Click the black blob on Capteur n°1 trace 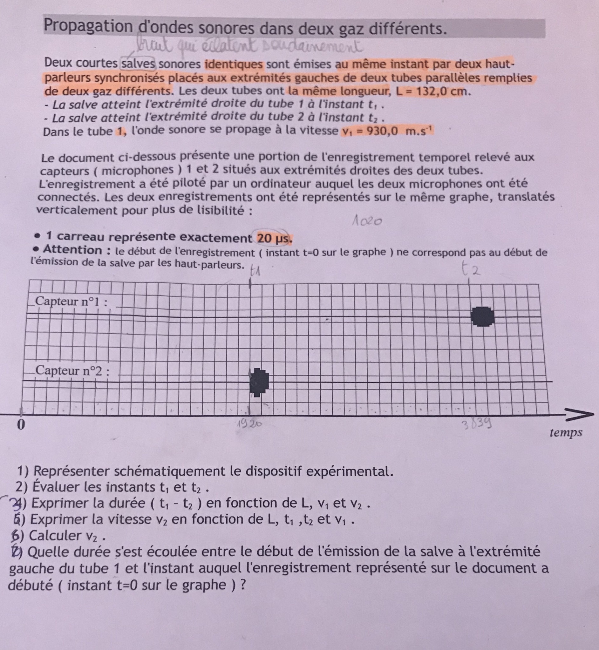point(483,316)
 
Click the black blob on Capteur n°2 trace point(259,382)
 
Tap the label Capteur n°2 point(72,370)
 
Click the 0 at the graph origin point(21,425)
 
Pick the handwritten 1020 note point(367,221)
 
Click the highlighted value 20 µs point(274,239)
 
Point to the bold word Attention point(72,250)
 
